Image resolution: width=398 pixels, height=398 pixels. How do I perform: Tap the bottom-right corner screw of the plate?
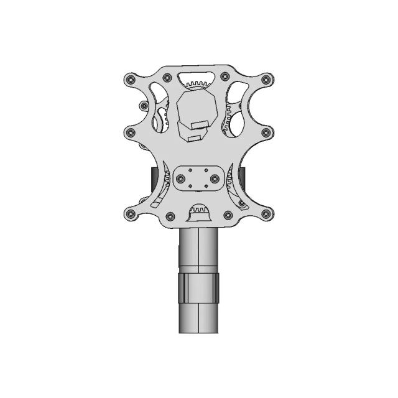coord(267,215)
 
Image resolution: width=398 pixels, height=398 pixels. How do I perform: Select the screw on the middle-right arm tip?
coord(267,132)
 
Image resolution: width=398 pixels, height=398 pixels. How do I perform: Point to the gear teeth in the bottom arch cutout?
coord(198,211)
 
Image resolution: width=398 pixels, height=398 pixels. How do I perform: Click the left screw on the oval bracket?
coord(180,178)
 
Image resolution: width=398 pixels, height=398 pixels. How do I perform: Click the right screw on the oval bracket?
coord(215,178)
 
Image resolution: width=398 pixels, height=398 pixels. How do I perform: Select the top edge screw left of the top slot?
coord(167,77)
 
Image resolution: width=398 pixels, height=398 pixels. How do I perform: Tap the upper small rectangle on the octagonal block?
coord(200,124)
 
